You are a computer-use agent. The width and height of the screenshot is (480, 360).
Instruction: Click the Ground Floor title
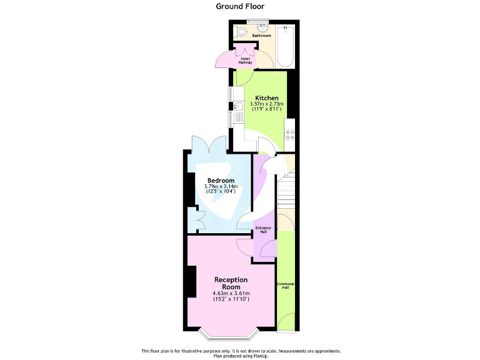pos(240,6)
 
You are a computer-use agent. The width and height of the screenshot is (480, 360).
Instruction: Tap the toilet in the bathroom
pos(241,32)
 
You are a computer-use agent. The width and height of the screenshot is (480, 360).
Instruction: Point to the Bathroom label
pos(261,36)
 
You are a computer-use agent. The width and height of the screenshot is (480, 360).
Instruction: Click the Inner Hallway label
pos(245,61)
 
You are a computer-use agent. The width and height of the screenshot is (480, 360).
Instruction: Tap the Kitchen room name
pos(266,98)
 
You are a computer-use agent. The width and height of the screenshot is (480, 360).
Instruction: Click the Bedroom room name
pos(221,181)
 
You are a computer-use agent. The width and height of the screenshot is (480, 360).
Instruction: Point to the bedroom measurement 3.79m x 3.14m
pos(221,186)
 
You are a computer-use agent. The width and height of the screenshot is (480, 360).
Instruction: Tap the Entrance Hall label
pos(263,229)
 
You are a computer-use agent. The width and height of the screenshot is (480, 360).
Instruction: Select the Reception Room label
pos(231,283)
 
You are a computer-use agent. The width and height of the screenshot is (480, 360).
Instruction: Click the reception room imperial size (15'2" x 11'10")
pos(231,299)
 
